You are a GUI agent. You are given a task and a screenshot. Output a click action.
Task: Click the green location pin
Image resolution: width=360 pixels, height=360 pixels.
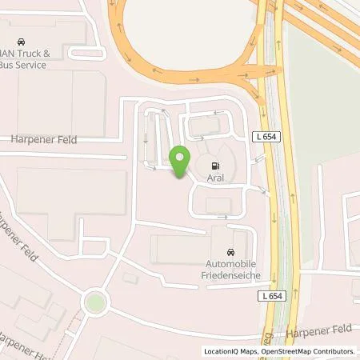(180, 158)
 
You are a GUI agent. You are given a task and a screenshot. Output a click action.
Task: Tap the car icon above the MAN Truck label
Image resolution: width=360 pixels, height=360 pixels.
(21, 41)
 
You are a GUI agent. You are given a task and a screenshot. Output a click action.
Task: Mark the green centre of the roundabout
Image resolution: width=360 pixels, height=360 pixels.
(95, 302)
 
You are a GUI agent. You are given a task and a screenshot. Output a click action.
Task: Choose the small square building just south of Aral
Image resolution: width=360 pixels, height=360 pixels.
(217, 206)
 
